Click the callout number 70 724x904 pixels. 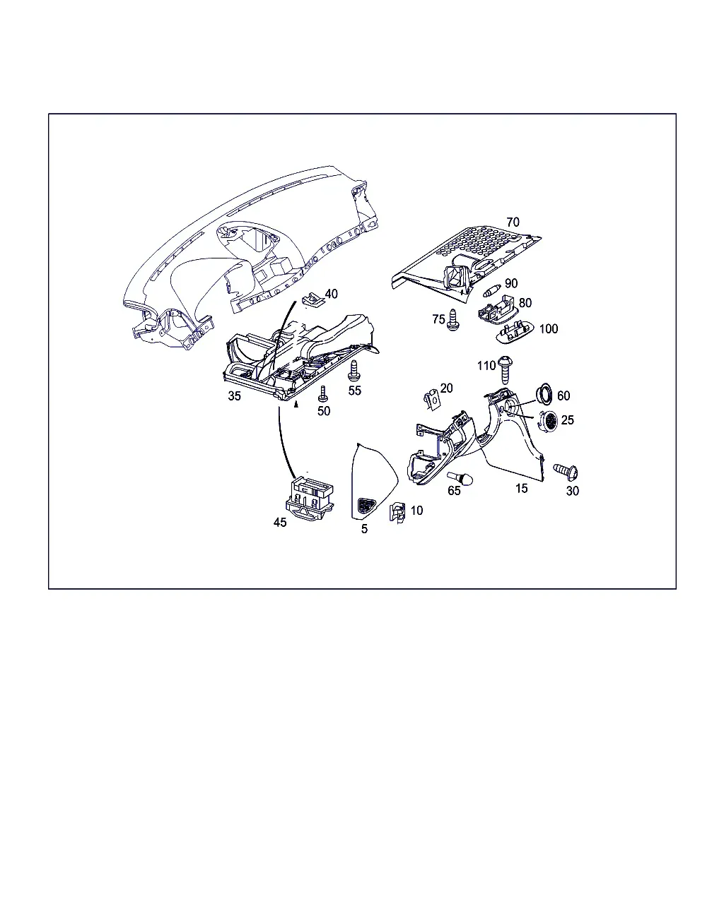pos(513,222)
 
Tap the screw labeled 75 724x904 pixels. pos(452,320)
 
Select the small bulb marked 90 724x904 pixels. pos(491,290)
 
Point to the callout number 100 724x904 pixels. pos(549,328)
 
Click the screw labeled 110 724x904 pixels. pos(505,369)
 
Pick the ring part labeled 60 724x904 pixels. pos(544,394)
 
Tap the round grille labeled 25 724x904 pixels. pos(548,422)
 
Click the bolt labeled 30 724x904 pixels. pos(566,472)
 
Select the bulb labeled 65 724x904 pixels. pos(460,477)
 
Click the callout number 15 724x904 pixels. pos(521,488)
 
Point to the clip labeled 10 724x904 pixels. pos(397,513)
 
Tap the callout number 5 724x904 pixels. pos(364,529)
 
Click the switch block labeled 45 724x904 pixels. pos(310,499)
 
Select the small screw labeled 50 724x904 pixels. pos(323,393)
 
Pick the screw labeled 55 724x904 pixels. pos(354,371)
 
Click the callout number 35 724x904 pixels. pos(234,395)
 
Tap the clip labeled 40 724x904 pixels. pos(313,299)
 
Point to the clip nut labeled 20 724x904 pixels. pos(431,400)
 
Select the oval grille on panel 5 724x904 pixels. pos(366,506)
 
